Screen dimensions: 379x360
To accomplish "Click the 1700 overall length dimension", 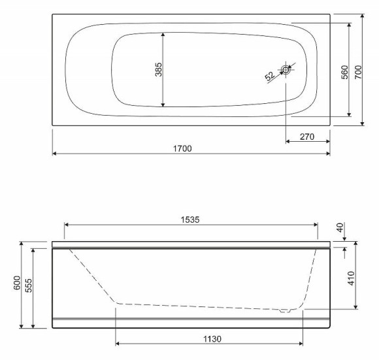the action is pyautogui.click(x=182, y=148).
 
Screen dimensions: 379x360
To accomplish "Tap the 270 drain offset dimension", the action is pyautogui.click(x=307, y=137).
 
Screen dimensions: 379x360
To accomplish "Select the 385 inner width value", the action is pyautogui.click(x=159, y=70).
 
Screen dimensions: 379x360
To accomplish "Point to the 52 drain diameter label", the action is pyautogui.click(x=270, y=76).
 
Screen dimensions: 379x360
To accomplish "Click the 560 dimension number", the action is pyautogui.click(x=344, y=72).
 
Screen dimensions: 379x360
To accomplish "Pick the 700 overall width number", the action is pyautogui.click(x=358, y=72).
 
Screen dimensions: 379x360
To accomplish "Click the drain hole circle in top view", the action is pyautogui.click(x=286, y=70).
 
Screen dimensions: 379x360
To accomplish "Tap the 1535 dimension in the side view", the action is pyautogui.click(x=190, y=220).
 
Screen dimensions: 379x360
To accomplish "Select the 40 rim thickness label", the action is pyautogui.click(x=340, y=227).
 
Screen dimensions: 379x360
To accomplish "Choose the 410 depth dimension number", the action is pyautogui.click(x=352, y=278).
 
